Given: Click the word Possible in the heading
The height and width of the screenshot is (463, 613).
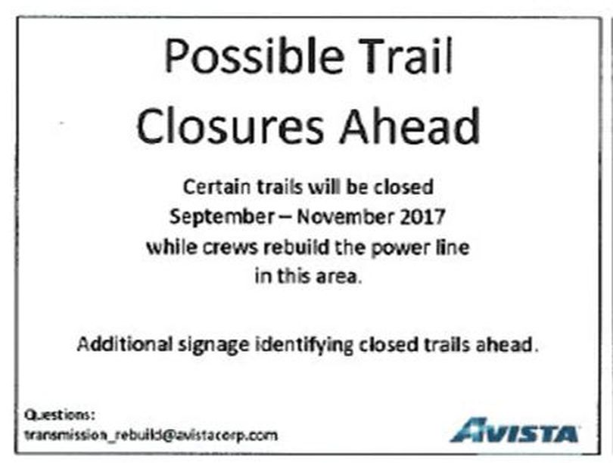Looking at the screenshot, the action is (x=254, y=57).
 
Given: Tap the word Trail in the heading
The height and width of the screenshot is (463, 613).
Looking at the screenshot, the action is (x=408, y=55).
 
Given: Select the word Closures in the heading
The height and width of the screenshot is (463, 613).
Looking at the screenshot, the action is (x=230, y=126).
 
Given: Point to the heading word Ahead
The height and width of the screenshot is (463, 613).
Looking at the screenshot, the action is (x=409, y=126).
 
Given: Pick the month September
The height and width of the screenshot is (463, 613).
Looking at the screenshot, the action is (x=222, y=217).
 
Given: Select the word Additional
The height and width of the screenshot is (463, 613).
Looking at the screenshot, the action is (x=125, y=344).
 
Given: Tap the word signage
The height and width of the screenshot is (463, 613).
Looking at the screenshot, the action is (x=214, y=346).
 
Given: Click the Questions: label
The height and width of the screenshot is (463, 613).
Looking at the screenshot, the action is (x=60, y=415).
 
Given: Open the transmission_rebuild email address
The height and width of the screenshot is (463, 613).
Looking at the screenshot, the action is (x=151, y=435).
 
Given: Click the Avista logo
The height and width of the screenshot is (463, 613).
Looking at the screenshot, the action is (x=515, y=430).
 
